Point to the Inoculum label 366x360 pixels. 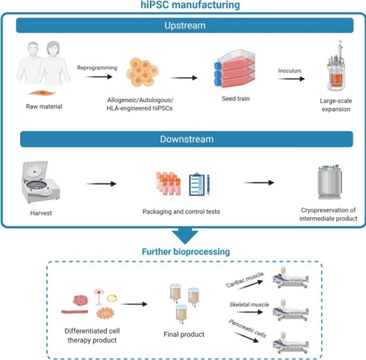click(290, 70)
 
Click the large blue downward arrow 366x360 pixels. click(184, 236)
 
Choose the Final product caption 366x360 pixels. click(182, 335)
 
